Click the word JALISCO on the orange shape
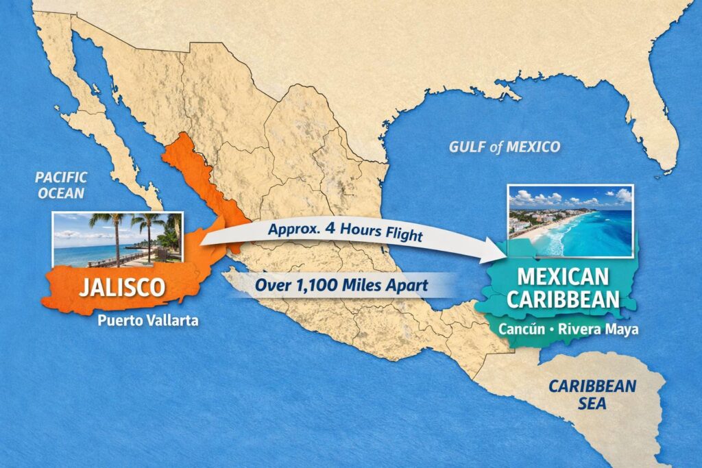tap(122, 286)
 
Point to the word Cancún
tap(516, 329)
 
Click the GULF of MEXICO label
tap(504, 146)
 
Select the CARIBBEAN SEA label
tap(592, 395)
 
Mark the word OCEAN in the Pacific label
tap(61, 193)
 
